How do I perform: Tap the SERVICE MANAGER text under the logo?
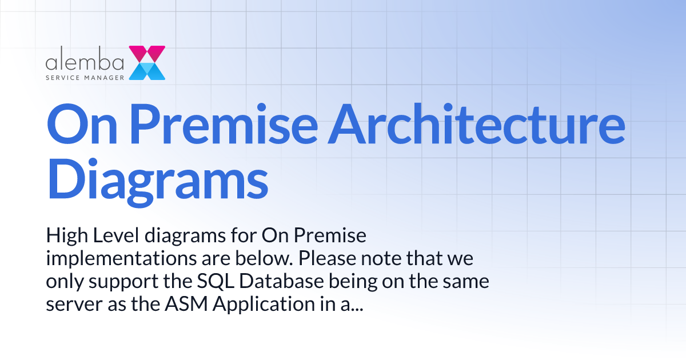click(x=85, y=76)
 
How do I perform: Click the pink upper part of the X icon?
click(x=147, y=53)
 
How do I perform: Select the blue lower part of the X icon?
click(x=147, y=71)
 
